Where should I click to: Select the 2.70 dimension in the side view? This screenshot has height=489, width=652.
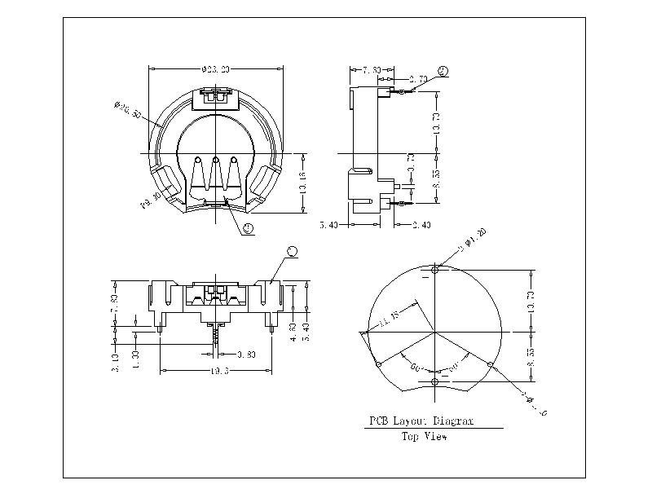pos(420,80)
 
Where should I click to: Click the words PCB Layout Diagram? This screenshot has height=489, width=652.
pos(420,422)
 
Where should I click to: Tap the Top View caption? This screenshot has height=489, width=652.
pos(424,437)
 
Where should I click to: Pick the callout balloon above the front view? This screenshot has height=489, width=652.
pos(293,249)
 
